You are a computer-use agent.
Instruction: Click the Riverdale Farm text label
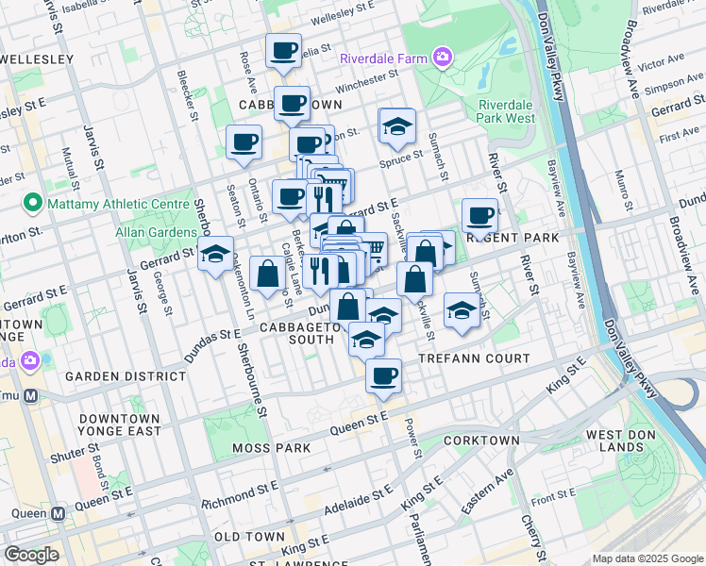383,58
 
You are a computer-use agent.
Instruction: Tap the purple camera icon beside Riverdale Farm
442,58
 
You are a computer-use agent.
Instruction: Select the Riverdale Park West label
506,111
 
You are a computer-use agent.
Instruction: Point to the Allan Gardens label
152,231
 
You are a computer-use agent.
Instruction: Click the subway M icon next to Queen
58,514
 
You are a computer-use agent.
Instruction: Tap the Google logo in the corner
31,554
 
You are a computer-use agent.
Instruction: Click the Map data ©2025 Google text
647,558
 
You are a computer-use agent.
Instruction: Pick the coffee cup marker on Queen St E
383,376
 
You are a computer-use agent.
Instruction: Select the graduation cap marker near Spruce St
397,125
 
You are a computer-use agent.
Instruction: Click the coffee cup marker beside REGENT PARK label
479,216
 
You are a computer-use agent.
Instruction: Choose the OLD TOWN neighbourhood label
249,536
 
